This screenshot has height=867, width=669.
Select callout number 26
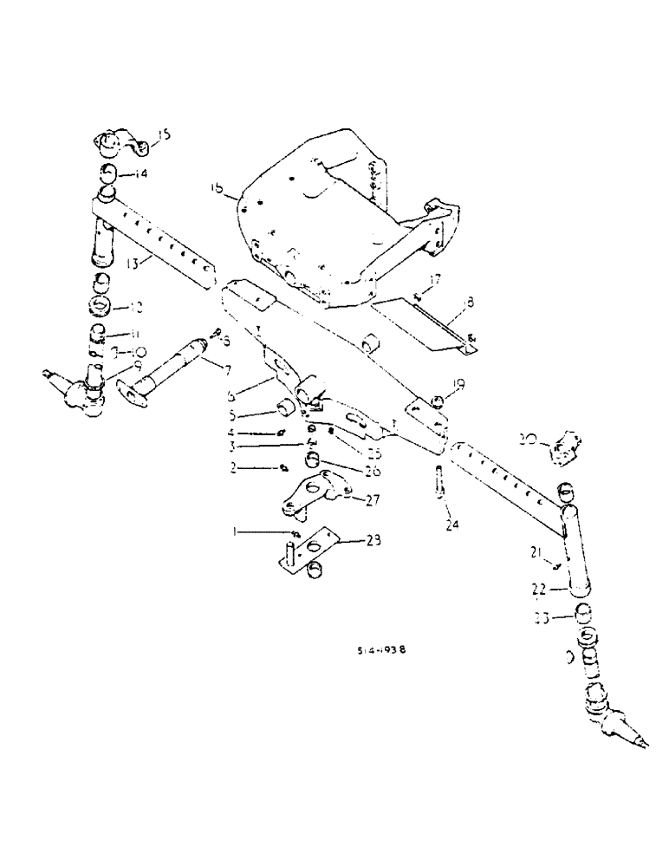(x=347, y=472)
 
